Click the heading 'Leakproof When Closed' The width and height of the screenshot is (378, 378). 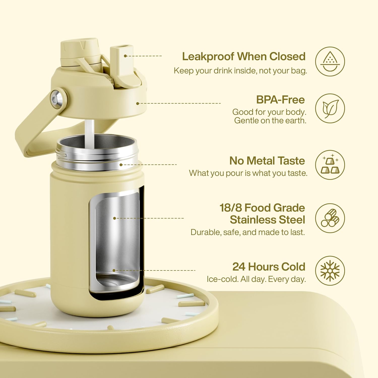pos(244,56)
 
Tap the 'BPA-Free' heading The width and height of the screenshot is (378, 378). pos(280,100)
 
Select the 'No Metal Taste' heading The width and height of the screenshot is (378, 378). pos(267,161)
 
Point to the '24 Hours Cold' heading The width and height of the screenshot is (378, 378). pos(269,267)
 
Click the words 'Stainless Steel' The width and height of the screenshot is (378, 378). pos(267,220)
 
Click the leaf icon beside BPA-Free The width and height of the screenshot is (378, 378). pos(330,108)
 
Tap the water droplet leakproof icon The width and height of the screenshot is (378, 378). pos(330,61)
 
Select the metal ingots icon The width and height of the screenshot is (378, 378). pos(330,165)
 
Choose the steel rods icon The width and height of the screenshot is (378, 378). pos(330,218)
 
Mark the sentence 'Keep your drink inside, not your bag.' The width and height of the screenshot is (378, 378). pos(240,71)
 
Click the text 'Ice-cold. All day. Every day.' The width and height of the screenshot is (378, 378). pos(256,279)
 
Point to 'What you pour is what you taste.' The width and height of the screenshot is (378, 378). pos(248,173)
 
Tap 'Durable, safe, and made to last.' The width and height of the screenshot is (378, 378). pos(248,232)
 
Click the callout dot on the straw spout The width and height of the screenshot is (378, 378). pos(125,56)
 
